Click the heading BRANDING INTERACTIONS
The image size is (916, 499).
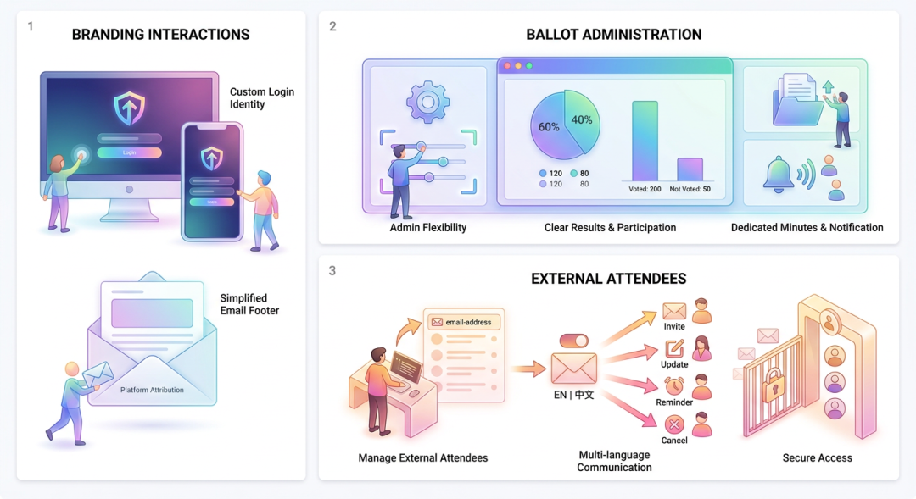coord(160,35)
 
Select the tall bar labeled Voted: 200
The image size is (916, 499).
coord(645,141)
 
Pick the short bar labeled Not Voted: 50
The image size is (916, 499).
coord(690,169)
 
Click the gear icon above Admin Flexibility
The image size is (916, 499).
coord(427,103)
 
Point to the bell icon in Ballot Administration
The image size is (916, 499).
coord(778,174)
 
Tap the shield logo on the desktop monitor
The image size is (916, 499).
coord(129,108)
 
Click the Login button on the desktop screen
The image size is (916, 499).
coord(129,152)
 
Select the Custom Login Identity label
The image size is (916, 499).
coord(262,98)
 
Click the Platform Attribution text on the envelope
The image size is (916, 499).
coord(152,390)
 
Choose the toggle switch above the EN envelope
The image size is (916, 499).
coord(573,341)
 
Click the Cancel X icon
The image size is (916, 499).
coord(674,424)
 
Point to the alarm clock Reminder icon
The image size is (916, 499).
coord(674,385)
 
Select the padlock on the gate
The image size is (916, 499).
coord(774,385)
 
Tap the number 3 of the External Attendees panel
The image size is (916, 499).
coord(332,271)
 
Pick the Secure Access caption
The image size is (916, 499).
coord(818,458)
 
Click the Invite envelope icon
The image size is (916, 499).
coord(674,310)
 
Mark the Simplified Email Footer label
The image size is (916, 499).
coord(249,304)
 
